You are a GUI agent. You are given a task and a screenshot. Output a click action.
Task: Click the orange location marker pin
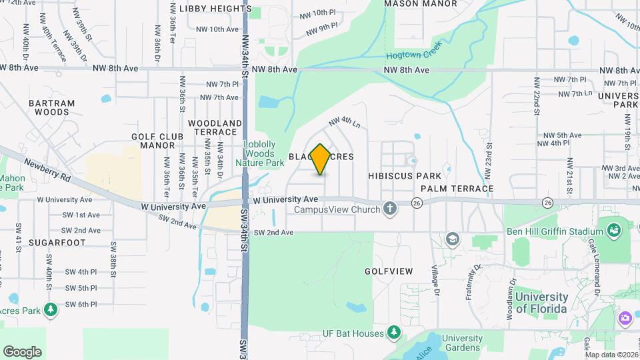(321, 159)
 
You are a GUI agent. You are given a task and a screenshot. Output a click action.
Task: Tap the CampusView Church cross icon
(391, 209)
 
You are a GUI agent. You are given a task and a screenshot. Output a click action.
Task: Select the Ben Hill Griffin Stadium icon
(614, 231)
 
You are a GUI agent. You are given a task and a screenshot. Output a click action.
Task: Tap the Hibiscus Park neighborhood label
(404, 176)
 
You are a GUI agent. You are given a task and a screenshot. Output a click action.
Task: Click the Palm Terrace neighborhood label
(457, 189)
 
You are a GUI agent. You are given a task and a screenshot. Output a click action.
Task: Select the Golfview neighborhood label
(389, 271)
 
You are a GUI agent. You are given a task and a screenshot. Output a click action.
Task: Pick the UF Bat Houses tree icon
(395, 333)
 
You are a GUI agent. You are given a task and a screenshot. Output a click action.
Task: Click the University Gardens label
(461, 343)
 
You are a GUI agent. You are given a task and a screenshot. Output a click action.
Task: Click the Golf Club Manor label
(157, 141)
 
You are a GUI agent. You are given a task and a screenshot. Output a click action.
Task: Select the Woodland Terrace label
(215, 128)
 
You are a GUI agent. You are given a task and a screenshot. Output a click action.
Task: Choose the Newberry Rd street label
(47, 171)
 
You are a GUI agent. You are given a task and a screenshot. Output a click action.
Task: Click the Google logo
(22, 352)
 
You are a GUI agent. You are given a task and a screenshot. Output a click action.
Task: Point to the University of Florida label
(541, 303)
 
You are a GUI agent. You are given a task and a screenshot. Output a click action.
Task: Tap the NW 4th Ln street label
(344, 123)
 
